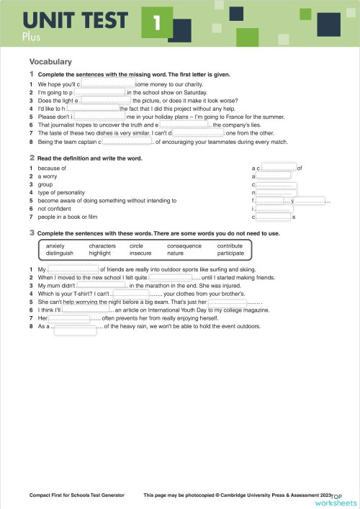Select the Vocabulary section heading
point(50,62)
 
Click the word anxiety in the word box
point(55,246)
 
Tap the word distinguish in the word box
point(60,253)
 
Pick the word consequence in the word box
point(184,246)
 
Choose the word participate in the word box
point(230,253)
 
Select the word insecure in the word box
point(140,253)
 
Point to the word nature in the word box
point(175,253)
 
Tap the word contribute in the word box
point(230,246)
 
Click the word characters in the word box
point(102,246)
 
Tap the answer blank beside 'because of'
point(279,168)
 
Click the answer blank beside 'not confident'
point(274,209)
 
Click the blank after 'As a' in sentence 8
point(75,328)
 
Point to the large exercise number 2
point(32,157)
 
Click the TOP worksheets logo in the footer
point(343,498)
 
